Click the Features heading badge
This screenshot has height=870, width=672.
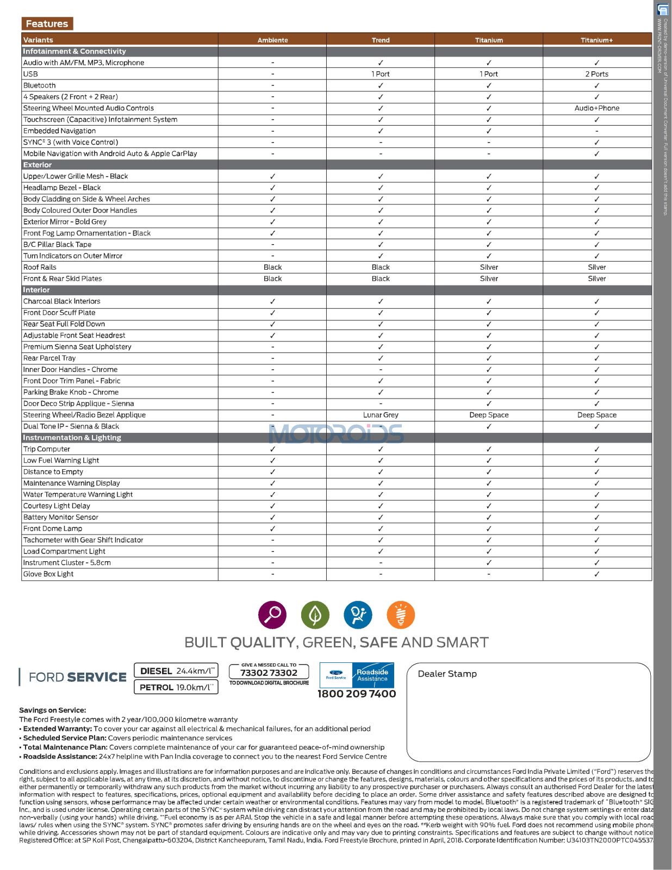[x=47, y=24]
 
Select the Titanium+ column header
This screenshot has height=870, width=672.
[x=596, y=40]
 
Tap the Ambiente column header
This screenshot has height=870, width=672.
[x=272, y=40]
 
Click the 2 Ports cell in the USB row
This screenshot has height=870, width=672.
[x=596, y=74]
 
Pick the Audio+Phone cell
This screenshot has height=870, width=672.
[x=596, y=108]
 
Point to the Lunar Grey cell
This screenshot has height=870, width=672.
[x=381, y=415]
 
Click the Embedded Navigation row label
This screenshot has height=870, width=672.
[x=60, y=131]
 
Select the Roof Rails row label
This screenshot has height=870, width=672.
[x=40, y=267]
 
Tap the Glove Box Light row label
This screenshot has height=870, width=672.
[x=48, y=574]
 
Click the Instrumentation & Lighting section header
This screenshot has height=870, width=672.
[x=72, y=438]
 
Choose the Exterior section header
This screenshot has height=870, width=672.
[x=38, y=165]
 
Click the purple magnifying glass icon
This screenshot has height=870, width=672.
[x=272, y=615]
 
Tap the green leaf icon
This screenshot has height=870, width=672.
[x=315, y=615]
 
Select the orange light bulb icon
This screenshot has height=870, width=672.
[x=401, y=615]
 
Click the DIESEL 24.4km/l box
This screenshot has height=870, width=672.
[x=176, y=671]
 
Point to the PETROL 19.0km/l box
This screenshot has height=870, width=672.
[x=176, y=687]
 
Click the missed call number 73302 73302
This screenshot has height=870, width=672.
[x=269, y=673]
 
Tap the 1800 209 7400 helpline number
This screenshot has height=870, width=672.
[x=357, y=694]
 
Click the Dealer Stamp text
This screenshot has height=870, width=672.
[x=447, y=674]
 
